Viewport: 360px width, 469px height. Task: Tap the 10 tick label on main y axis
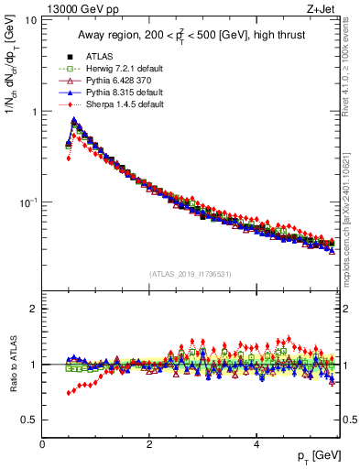pyautogui.click(x=29, y=20)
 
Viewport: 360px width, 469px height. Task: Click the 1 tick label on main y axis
pyautogui.click(x=33, y=112)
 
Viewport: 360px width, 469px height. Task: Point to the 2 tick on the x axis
pyautogui.click(x=149, y=443)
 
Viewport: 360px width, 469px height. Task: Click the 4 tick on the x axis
pyautogui.click(x=256, y=443)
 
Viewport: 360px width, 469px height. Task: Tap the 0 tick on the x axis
pyautogui.click(x=42, y=443)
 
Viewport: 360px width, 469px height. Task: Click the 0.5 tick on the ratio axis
pyautogui.click(x=29, y=420)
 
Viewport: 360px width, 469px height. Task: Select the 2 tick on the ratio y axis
pyautogui.click(x=33, y=309)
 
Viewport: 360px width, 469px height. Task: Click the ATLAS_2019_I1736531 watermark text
pyautogui.click(x=191, y=274)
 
